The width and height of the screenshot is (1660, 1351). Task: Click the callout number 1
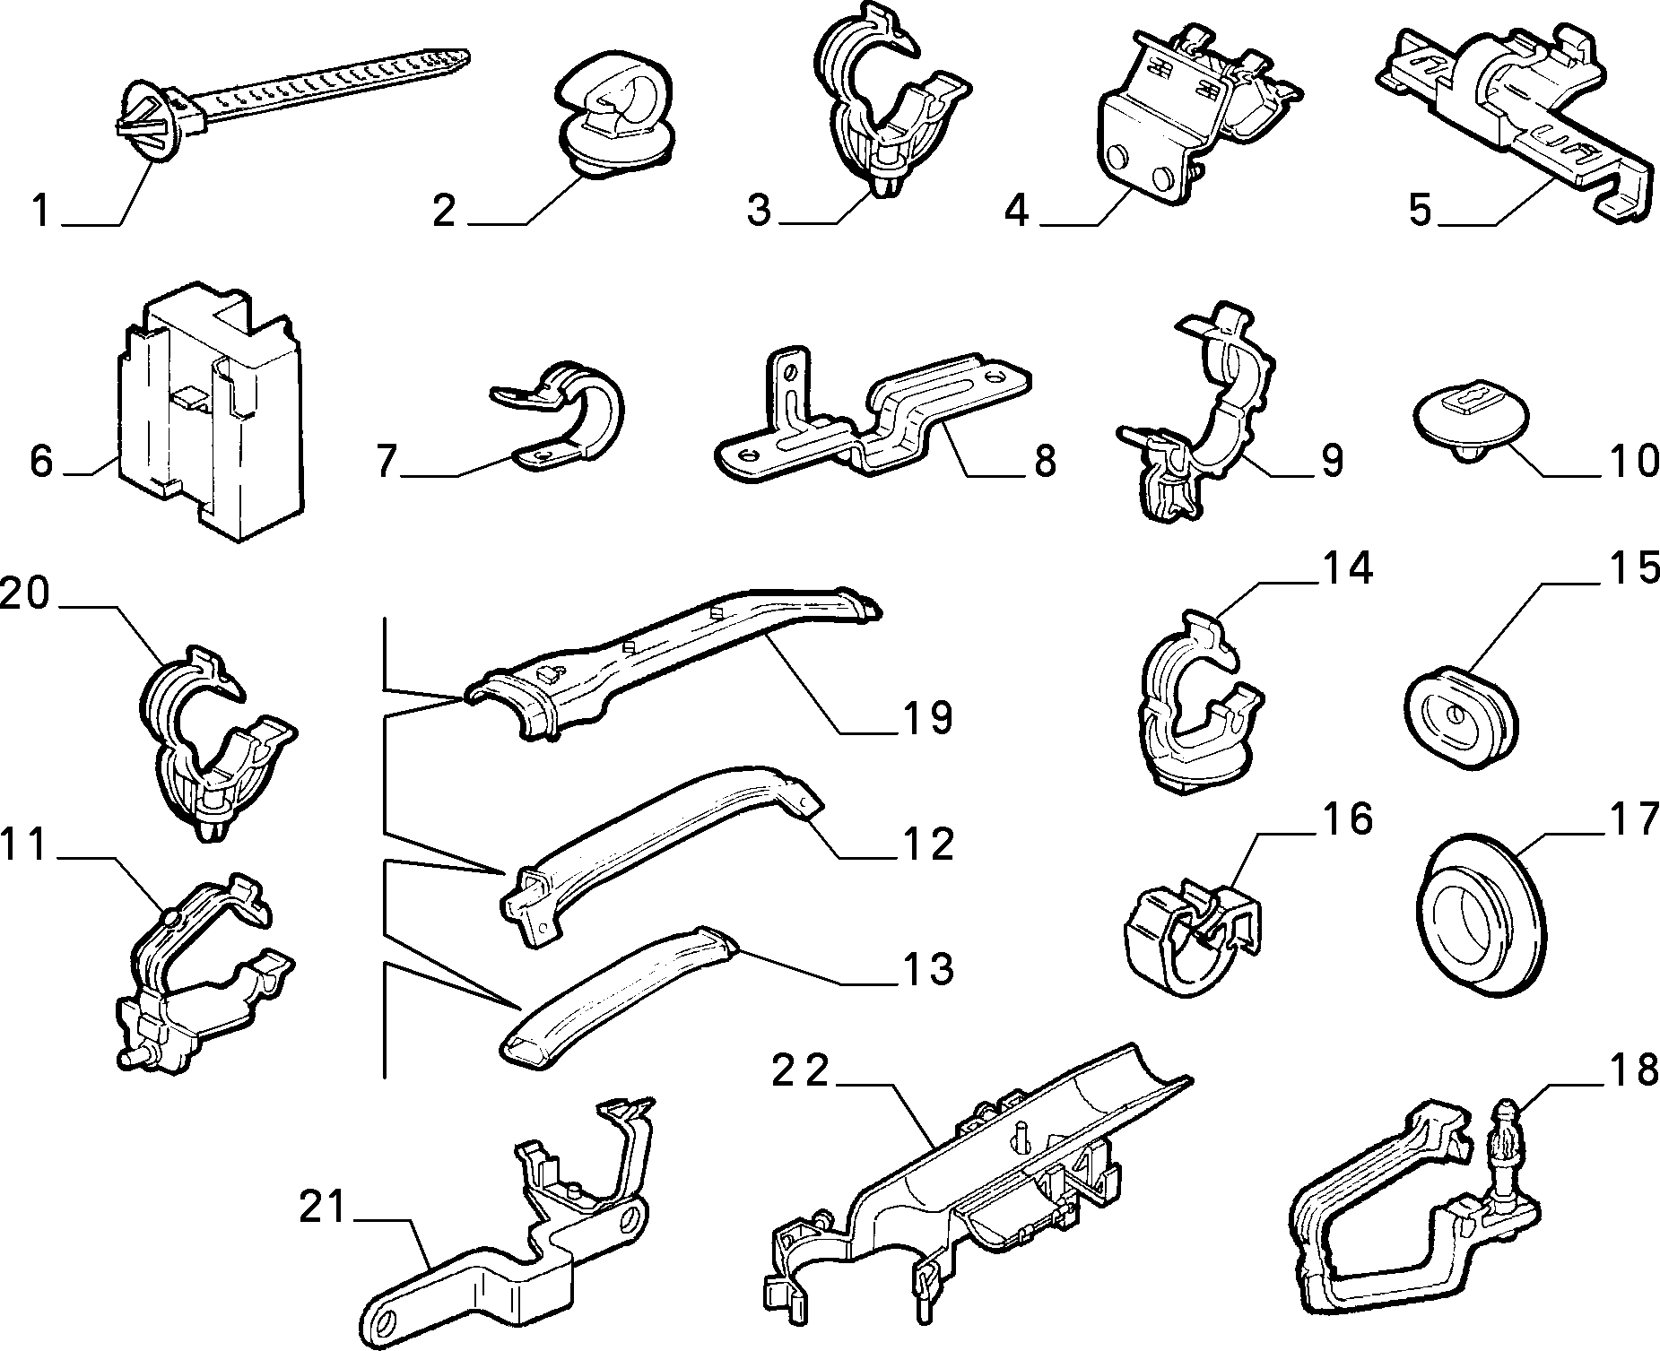40,212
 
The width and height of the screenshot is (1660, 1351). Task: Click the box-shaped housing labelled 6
211,412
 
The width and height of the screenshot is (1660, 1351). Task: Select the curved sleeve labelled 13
619,991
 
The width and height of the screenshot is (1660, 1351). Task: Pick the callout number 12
927,844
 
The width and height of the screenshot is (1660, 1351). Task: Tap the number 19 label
927,719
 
